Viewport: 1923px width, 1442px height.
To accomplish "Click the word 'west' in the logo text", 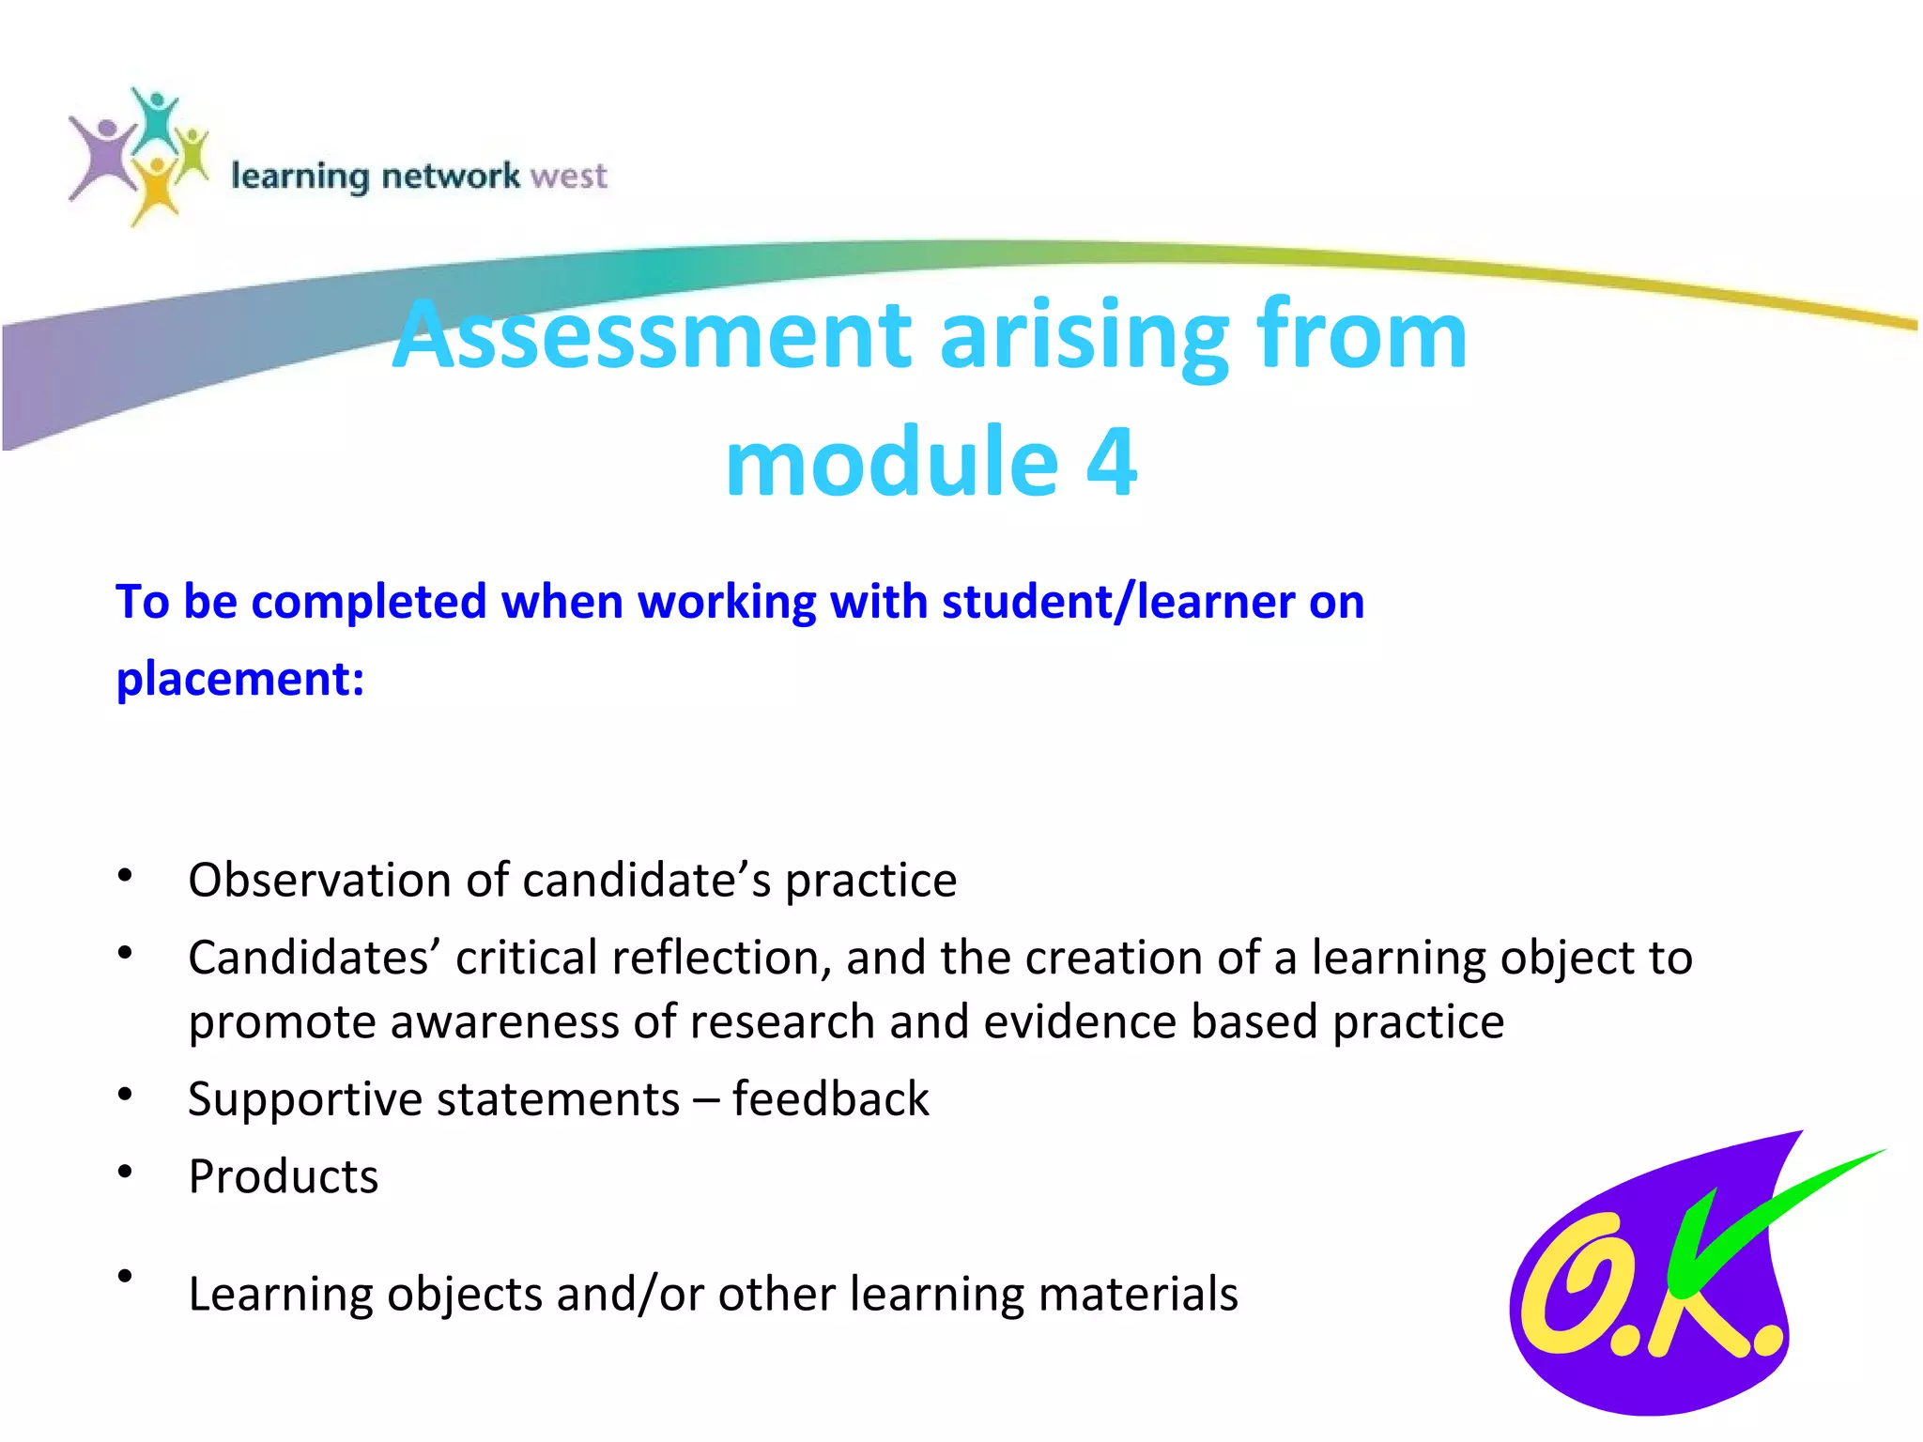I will pos(568,176).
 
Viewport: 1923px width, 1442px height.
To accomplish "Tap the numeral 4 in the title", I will pos(1112,462).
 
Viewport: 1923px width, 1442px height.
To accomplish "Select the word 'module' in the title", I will pos(892,462).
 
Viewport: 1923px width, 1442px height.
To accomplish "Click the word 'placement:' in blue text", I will pos(240,678).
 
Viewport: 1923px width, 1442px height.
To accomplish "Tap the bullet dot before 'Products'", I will pos(125,1172).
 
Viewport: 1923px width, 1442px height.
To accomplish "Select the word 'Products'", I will pos(283,1176).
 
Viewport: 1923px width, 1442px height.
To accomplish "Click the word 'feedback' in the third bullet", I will pos(830,1098).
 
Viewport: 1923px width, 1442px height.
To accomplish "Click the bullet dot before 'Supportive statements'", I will pos(125,1095).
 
